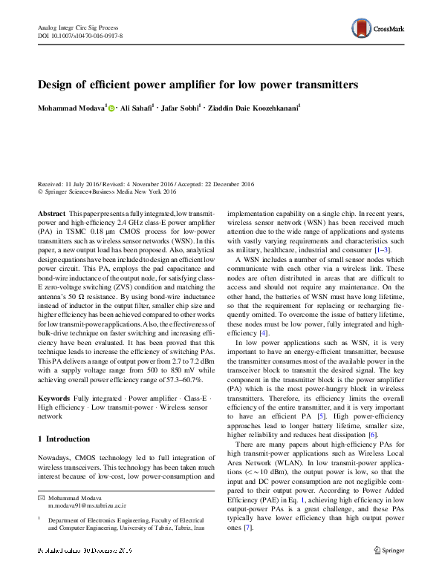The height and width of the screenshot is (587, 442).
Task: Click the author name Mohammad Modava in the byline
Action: pos(71,109)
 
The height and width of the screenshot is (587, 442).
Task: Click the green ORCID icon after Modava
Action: pos(112,109)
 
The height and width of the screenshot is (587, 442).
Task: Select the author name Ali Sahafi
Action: pos(137,109)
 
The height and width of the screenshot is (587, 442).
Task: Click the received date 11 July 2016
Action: pos(79,183)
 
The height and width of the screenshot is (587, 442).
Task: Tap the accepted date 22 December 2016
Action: pos(218,183)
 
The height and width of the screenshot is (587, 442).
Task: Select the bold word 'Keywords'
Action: pos(53,399)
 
